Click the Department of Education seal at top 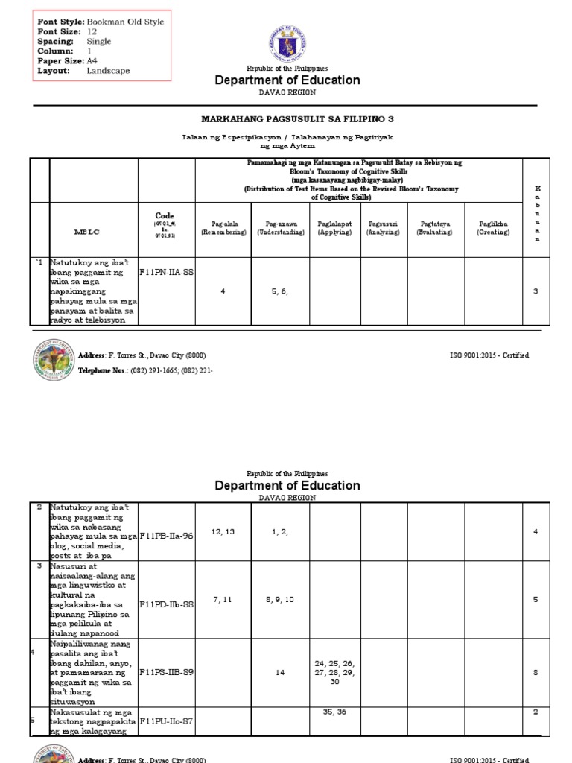pyautogui.click(x=287, y=42)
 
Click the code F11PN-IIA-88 pyautogui.click(x=166, y=273)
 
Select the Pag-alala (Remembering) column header pyautogui.click(x=223, y=227)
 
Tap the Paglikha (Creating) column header pyautogui.click(x=494, y=227)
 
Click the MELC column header pyautogui.click(x=86, y=232)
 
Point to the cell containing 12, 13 pyautogui.click(x=223, y=531)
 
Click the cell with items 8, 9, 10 pyautogui.click(x=280, y=599)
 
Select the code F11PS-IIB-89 pyautogui.click(x=166, y=672)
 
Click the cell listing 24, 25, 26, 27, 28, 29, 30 pyautogui.click(x=334, y=672)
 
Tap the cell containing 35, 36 pyautogui.click(x=334, y=712)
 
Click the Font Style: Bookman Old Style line pyautogui.click(x=101, y=22)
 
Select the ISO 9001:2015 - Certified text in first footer pyautogui.click(x=489, y=355)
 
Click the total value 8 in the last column pyautogui.click(x=535, y=672)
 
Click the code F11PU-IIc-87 pyautogui.click(x=166, y=721)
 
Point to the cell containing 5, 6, pyautogui.click(x=280, y=291)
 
